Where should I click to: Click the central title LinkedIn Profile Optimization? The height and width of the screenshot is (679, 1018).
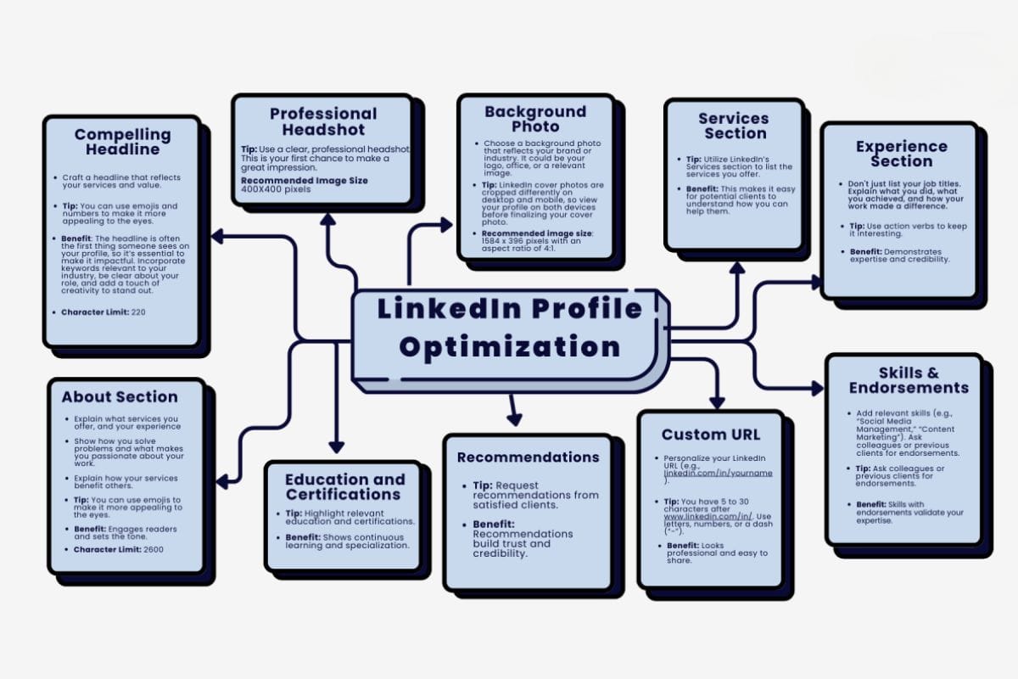[x=509, y=327]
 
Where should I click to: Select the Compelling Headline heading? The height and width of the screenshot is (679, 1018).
[x=122, y=142]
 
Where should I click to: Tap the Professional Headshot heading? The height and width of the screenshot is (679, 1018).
[x=322, y=121]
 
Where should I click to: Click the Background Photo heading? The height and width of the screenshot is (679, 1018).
[x=535, y=119]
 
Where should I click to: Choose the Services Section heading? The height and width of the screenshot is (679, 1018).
[x=734, y=126]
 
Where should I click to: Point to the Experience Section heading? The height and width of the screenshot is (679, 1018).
[x=901, y=154]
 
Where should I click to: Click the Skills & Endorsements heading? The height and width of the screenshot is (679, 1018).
[x=909, y=380]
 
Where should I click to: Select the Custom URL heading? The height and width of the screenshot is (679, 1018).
[x=711, y=435]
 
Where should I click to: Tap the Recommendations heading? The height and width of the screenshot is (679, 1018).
[x=528, y=457]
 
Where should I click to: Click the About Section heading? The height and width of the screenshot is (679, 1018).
[x=120, y=396]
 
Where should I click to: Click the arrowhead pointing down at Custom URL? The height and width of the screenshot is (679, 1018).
[x=717, y=401]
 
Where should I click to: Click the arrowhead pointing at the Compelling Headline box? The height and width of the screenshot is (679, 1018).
[x=218, y=236]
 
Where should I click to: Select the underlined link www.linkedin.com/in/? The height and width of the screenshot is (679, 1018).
[x=698, y=515]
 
